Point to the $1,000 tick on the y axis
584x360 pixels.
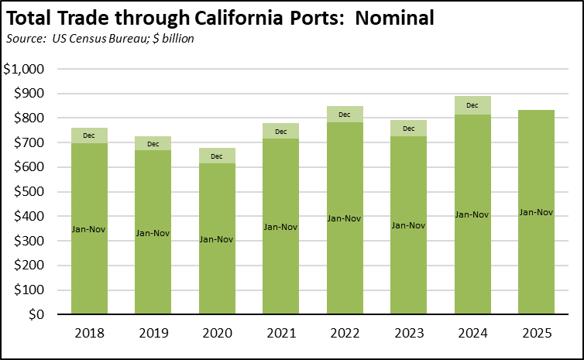24,69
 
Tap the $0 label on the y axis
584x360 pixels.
36,315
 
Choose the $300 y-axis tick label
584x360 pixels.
29,241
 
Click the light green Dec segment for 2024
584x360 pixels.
472,105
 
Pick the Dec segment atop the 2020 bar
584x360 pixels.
216,156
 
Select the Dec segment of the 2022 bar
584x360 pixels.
345,114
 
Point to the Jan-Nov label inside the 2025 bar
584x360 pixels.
536,212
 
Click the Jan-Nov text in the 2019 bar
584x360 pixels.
153,232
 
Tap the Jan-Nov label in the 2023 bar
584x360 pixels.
408,225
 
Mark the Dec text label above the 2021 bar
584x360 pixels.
280,130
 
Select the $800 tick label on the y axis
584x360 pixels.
29,118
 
